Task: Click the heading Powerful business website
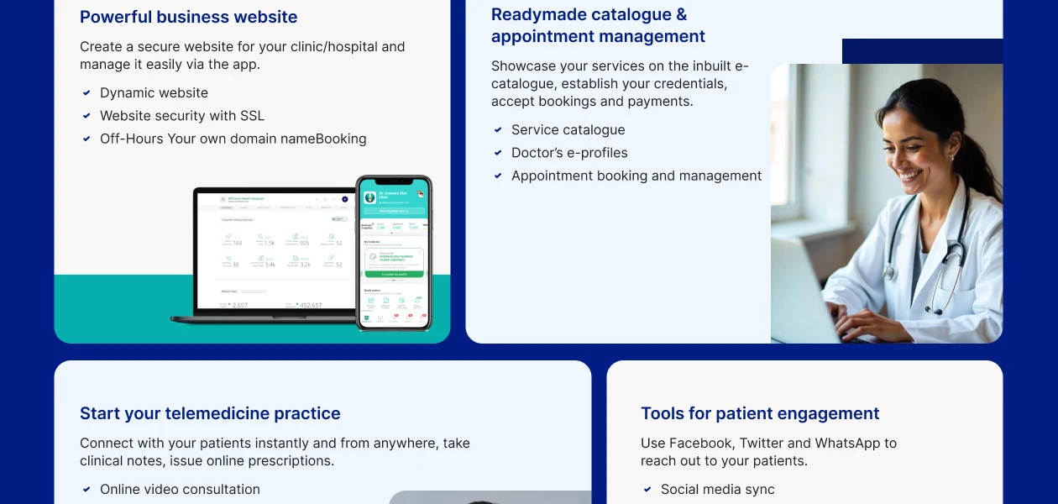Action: pos(188,17)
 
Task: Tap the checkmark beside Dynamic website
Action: pos(86,93)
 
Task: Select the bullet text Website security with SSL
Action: pos(181,116)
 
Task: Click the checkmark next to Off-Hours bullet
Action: pos(86,139)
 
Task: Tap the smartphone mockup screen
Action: pos(393,252)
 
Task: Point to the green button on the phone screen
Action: pos(393,274)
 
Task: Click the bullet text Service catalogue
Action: pos(568,130)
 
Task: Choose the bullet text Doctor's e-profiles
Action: pos(569,153)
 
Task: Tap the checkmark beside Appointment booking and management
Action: pos(498,176)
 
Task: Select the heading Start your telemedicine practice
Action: pos(210,413)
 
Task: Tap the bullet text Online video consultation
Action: pos(180,490)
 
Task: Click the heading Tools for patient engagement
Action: pos(760,413)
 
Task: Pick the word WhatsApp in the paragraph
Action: pos(848,443)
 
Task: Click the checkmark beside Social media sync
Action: pos(647,490)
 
